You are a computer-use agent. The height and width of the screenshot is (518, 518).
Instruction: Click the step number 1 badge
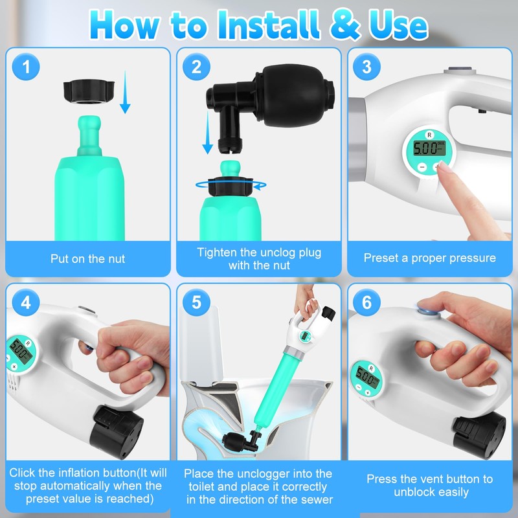click(26, 67)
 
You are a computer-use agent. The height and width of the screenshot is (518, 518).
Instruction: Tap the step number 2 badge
click(197, 67)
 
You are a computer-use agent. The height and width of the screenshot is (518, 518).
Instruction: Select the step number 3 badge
click(366, 67)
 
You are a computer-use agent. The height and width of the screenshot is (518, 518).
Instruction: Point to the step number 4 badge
click(26, 302)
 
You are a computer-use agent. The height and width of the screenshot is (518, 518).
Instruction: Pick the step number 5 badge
click(197, 302)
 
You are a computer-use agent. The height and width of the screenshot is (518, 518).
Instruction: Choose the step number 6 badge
click(366, 302)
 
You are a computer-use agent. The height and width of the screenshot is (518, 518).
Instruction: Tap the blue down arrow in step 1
click(125, 92)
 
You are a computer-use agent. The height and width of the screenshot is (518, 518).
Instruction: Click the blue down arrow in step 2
click(207, 133)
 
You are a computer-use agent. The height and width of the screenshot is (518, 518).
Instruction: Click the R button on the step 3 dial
click(429, 135)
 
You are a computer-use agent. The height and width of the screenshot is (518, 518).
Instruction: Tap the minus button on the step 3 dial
click(422, 167)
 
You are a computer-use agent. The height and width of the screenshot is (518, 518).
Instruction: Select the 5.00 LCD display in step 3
click(429, 149)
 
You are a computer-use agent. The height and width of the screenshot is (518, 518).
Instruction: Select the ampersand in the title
click(344, 25)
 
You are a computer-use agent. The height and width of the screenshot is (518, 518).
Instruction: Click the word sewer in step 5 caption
click(315, 499)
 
